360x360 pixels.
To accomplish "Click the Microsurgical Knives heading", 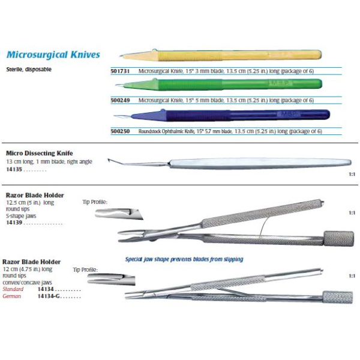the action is coord(53,55).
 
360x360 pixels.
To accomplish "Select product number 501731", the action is coord(120,71).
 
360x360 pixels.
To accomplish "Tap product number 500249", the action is coord(120,100).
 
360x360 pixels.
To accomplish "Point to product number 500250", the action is coord(120,131).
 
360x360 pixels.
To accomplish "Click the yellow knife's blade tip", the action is coord(120,56).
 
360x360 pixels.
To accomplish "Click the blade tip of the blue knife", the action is coord(115,116).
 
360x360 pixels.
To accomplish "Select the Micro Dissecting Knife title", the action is coord(40,153).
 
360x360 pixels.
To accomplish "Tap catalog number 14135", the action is coord(14,169).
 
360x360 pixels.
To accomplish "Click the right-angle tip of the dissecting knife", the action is coord(109,160).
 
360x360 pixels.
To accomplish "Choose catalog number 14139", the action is coord(14,223).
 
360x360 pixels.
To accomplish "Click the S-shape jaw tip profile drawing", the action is coord(119,214).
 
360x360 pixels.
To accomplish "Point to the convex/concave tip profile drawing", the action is coord(111,280).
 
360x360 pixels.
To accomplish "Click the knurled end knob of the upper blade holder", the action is coord(338,239).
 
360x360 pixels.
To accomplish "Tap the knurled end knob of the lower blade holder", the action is coord(337,298).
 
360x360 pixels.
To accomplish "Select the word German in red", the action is coord(12,296).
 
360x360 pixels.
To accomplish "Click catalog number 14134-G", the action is coord(49,296).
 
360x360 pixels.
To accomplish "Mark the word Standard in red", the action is coord(13,289).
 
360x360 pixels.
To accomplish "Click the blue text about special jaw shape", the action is coord(184,259).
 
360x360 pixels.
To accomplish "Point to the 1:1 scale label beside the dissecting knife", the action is coord(352,174).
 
